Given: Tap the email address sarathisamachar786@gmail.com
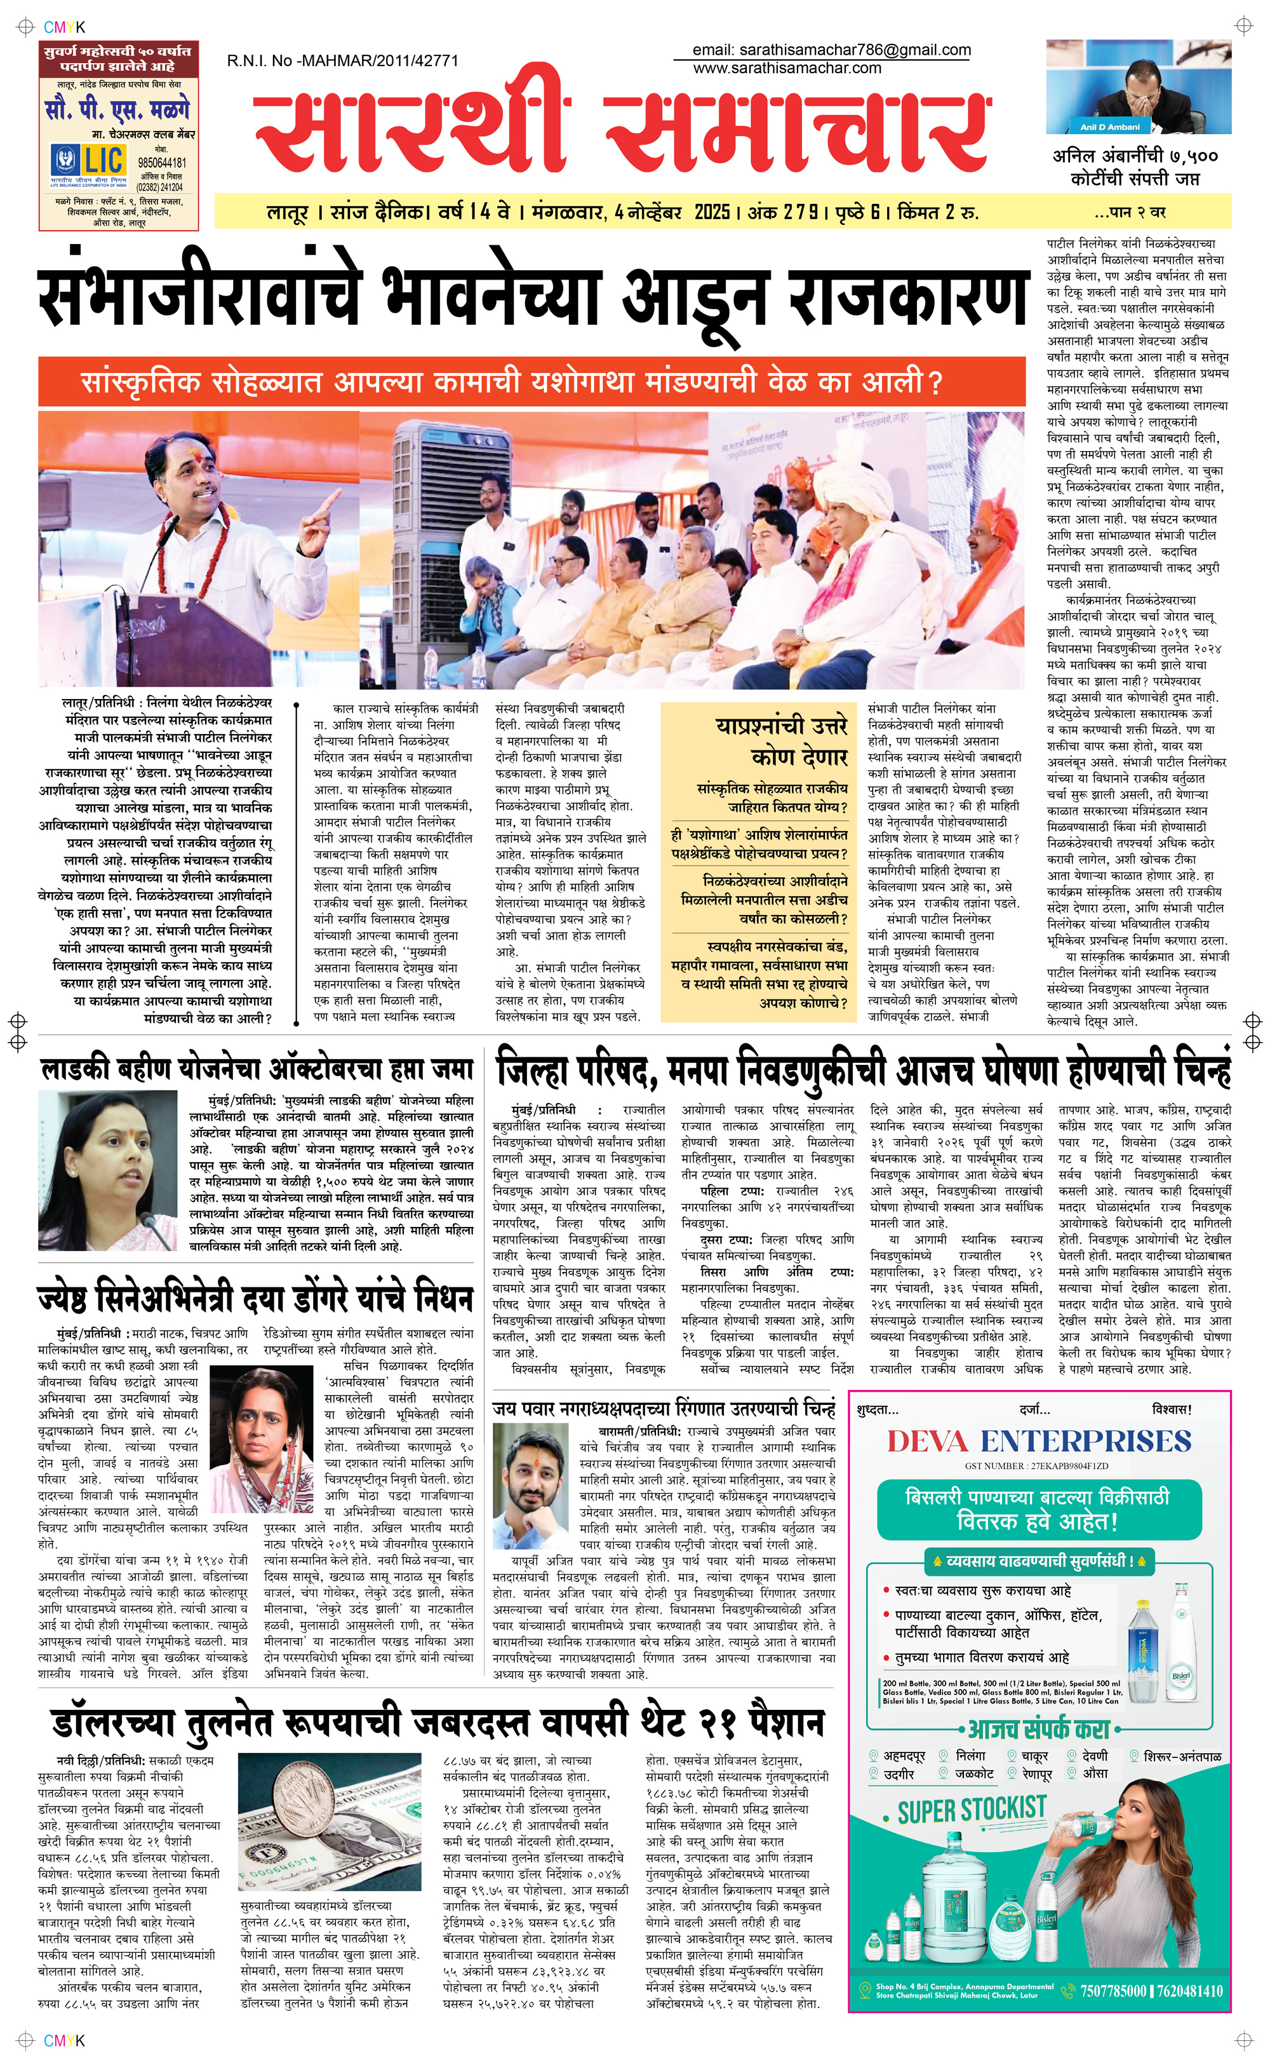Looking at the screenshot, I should [832, 50].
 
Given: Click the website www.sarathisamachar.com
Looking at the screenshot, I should [787, 69].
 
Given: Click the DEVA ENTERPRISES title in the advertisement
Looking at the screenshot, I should [1039, 1441].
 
